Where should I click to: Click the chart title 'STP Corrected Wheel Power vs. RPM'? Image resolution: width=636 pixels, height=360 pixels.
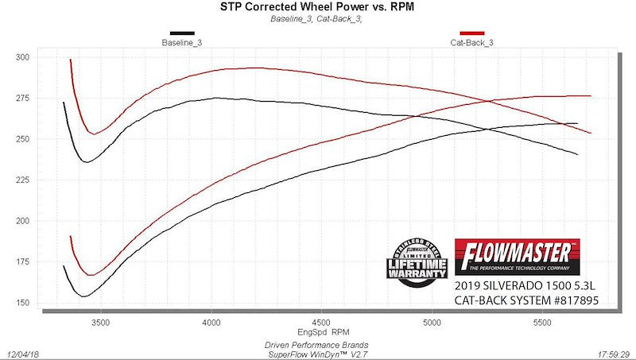pyautogui.click(x=317, y=7)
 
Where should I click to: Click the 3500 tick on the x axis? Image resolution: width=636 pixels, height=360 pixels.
pyautogui.click(x=101, y=323)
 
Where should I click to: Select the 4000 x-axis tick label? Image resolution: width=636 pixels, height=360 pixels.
pyautogui.click(x=211, y=323)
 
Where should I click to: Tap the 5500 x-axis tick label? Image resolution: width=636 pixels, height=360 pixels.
pyautogui.click(x=542, y=323)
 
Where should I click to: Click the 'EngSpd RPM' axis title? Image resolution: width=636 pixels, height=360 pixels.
pyautogui.click(x=319, y=332)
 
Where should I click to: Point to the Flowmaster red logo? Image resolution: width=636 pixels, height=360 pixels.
pyautogui.click(x=517, y=255)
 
